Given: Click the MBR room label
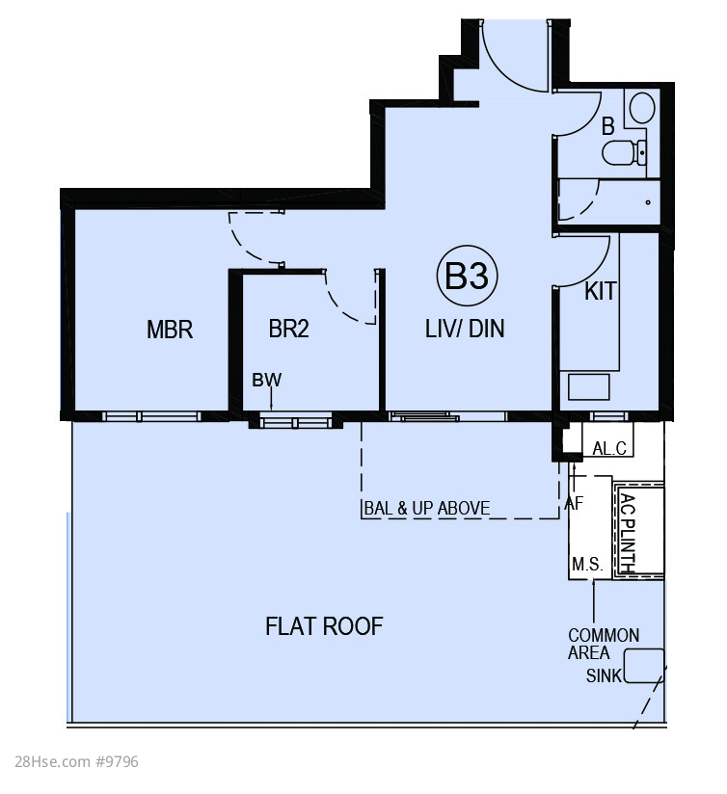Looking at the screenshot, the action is [170, 330].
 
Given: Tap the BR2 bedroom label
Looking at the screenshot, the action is [288, 329].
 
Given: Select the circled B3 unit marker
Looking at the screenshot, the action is [467, 276].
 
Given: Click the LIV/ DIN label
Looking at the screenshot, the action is [465, 329].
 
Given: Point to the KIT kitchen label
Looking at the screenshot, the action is [601, 291].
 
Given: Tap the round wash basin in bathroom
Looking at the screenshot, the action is [642, 108].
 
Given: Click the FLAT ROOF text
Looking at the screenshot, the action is [324, 626].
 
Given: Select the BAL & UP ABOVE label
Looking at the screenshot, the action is [427, 508].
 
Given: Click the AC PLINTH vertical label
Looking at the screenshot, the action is [629, 533].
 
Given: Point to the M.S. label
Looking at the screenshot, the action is [587, 564].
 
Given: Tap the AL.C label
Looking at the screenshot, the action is [609, 448].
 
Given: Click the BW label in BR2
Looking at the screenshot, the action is [266, 380].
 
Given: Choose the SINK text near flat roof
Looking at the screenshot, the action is [604, 675].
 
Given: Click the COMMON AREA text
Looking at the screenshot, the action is [603, 644].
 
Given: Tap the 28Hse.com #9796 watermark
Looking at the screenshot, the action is [76, 761].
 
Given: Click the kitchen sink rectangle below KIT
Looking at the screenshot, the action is [588, 386].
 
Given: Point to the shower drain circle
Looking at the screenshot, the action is [648, 202].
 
